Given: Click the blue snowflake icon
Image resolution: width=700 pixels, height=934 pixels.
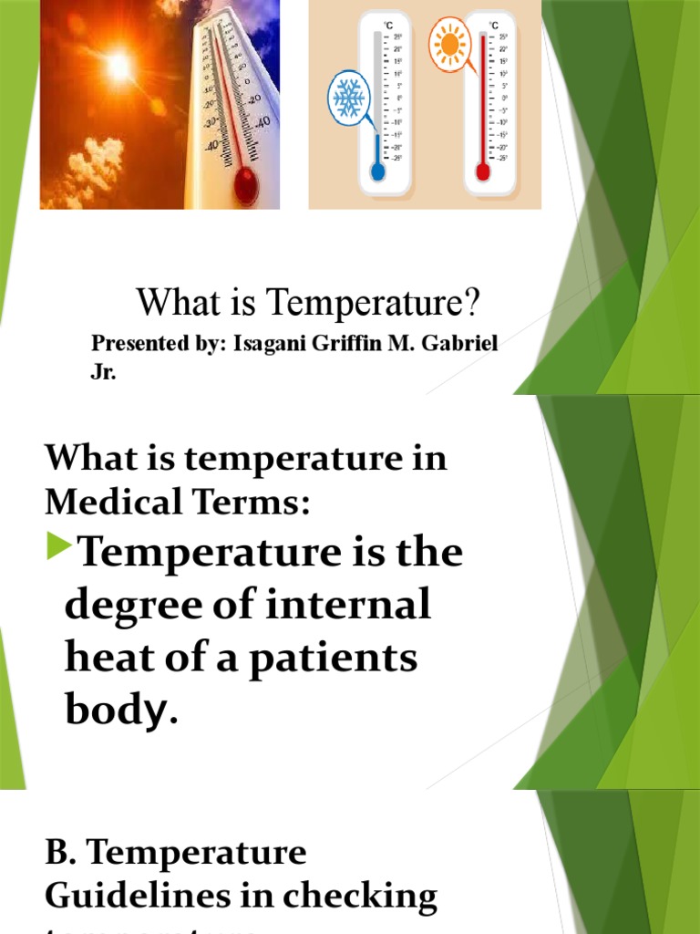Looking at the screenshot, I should click(348, 99).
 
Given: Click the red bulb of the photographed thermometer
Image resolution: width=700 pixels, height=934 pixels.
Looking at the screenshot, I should click(245, 185).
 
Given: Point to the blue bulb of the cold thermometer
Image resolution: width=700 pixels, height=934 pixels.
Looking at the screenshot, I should click(376, 171).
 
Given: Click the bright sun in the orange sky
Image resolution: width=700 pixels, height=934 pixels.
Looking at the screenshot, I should click(118, 66).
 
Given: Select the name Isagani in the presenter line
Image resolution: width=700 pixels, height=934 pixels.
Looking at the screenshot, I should click(269, 347).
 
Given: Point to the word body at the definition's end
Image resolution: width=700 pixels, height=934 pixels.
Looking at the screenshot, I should click(116, 711).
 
